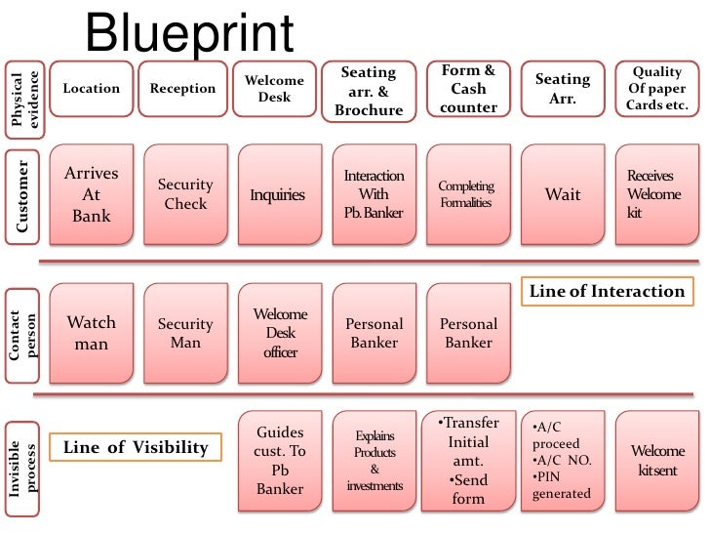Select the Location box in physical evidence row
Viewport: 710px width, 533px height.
[91, 89]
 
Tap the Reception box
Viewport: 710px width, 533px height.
[182, 89]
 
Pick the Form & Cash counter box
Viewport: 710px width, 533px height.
[468, 89]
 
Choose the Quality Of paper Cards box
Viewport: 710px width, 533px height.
[657, 89]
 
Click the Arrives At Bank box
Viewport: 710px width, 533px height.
[91, 194]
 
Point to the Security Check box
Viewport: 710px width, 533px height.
[185, 194]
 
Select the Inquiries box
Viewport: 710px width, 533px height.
[277, 194]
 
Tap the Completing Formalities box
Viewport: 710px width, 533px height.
[466, 194]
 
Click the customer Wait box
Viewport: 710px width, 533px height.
[563, 194]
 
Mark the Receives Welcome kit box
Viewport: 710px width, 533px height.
[656, 194]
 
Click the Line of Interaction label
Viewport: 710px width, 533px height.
[607, 291]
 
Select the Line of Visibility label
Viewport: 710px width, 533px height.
[136, 448]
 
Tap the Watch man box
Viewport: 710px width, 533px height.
[91, 333]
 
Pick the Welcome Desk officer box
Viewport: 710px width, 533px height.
[280, 333]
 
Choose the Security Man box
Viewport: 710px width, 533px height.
[185, 333]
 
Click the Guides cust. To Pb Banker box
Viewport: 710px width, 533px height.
[280, 460]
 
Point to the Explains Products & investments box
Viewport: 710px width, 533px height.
[375, 460]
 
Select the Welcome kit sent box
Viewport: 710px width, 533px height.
[657, 460]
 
